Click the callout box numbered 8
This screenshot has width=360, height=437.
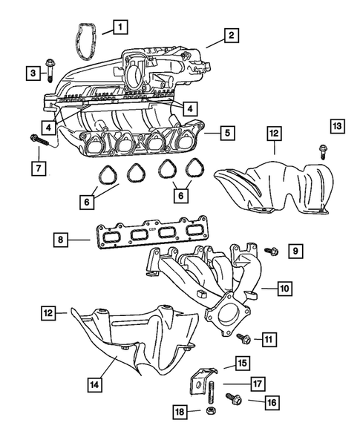tap(62, 240)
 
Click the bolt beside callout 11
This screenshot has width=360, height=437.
tap(242, 338)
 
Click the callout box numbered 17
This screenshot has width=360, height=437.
tap(255, 385)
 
